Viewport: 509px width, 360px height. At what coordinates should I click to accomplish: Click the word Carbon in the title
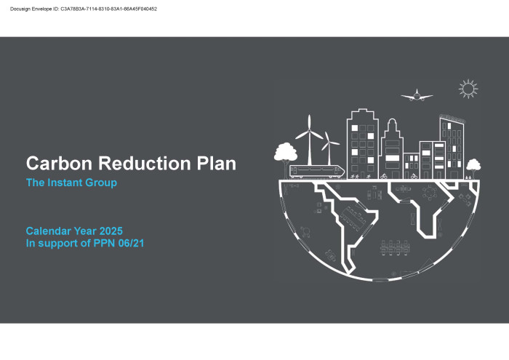pyautogui.click(x=59, y=164)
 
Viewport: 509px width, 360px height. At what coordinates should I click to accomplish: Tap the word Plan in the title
pyautogui.click(x=216, y=164)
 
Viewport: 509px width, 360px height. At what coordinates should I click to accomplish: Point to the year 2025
pyautogui.click(x=111, y=231)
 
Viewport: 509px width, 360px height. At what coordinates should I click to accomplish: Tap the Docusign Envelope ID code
pyautogui.click(x=109, y=9)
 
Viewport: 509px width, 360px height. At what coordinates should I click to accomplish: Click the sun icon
pyautogui.click(x=468, y=89)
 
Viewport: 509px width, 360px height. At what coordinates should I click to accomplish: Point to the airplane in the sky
pyautogui.click(x=417, y=95)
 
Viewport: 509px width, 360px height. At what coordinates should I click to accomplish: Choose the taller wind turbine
pyautogui.click(x=309, y=140)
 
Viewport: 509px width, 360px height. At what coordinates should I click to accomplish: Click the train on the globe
pyautogui.click(x=317, y=172)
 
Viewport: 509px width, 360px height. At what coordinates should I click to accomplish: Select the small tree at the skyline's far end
pyautogui.click(x=473, y=166)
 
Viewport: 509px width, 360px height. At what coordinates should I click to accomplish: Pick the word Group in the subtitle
pyautogui.click(x=101, y=183)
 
